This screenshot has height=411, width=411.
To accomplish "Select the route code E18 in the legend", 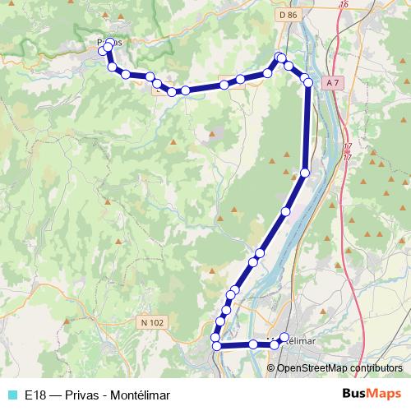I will click(x=35, y=395).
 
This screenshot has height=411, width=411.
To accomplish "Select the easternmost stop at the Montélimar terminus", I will click(x=285, y=336).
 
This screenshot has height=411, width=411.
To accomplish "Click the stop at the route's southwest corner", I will click(x=217, y=346).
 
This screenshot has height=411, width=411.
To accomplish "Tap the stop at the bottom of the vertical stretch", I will click(x=305, y=173).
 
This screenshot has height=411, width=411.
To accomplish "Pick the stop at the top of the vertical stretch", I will click(x=308, y=82).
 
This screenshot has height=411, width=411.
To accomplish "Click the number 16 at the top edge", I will click(x=344, y=4).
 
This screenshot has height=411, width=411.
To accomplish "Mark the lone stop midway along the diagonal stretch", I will click(x=286, y=212).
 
